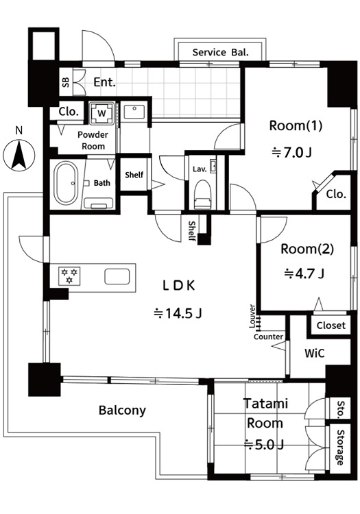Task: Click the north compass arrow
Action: click(x=19, y=155)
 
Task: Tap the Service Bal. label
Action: click(x=220, y=53)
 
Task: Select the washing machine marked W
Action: click(x=102, y=113)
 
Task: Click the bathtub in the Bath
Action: click(x=66, y=183)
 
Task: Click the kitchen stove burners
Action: click(x=69, y=276)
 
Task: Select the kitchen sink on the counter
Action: click(x=117, y=277)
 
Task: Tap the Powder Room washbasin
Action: click(x=134, y=112)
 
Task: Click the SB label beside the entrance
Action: click(x=66, y=82)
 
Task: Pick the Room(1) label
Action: click(x=296, y=125)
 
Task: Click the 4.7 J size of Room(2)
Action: click(x=304, y=273)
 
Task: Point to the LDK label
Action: click(x=179, y=286)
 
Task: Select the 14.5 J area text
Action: click(x=178, y=314)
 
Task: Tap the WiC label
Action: click(x=315, y=353)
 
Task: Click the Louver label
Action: click(x=252, y=317)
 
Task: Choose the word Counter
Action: click(x=268, y=336)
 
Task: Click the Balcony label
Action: click(x=122, y=411)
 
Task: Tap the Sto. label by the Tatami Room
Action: click(x=341, y=408)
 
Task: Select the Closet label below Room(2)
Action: click(x=331, y=326)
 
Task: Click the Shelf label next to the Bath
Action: click(x=134, y=175)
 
